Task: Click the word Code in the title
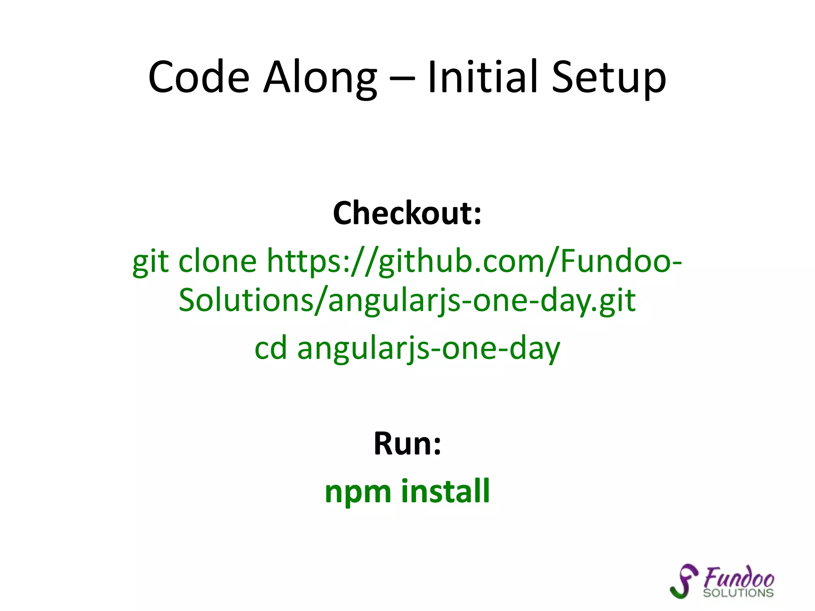tap(199, 77)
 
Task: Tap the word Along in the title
tap(320, 77)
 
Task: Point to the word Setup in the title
tap(608, 77)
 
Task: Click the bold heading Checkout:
tap(407, 213)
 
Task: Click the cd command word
tap(271, 348)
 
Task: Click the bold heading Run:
tap(407, 444)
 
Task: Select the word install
tap(445, 491)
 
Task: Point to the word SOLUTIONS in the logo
tap(738, 593)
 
